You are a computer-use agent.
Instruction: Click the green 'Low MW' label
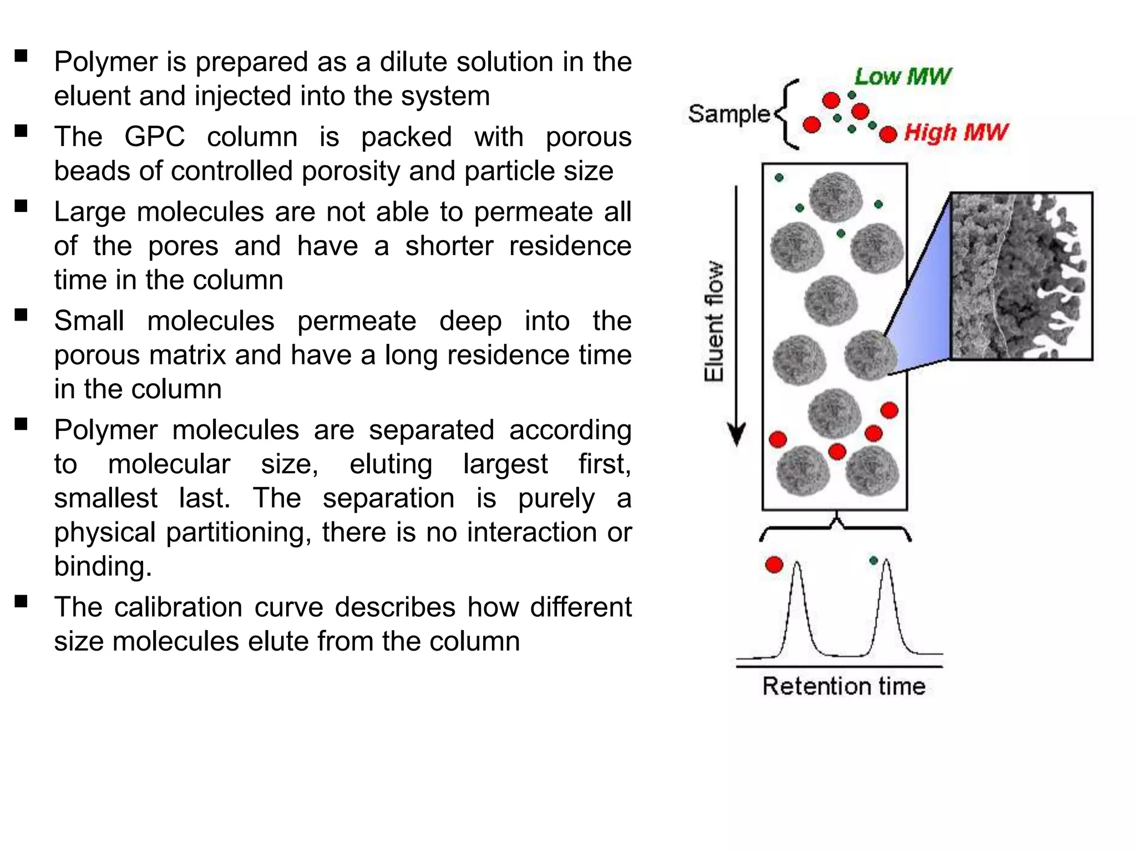tap(902, 77)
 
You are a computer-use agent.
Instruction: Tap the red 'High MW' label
tap(956, 133)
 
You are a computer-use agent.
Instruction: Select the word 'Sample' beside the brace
tap(729, 114)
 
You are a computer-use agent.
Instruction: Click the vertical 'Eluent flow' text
tap(714, 322)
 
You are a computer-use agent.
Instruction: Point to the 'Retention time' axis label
tap(844, 686)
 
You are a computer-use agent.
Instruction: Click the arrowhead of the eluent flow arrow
tap(737, 435)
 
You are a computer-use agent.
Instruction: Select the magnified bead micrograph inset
tap(1021, 276)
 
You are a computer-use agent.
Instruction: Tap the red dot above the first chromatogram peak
tap(774, 565)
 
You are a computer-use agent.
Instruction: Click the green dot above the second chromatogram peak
tap(874, 561)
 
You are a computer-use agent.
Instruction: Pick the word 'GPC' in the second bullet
tap(154, 136)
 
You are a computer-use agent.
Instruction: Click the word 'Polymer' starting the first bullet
tap(106, 62)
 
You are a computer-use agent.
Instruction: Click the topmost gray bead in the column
tap(835, 197)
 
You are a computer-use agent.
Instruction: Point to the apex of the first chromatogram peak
tap(797, 562)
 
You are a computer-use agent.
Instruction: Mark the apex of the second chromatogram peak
tap(886, 560)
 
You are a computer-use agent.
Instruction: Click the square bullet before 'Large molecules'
tap(21, 206)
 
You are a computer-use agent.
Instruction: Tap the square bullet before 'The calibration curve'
tap(21, 602)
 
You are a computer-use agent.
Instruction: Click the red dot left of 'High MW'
tap(888, 134)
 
